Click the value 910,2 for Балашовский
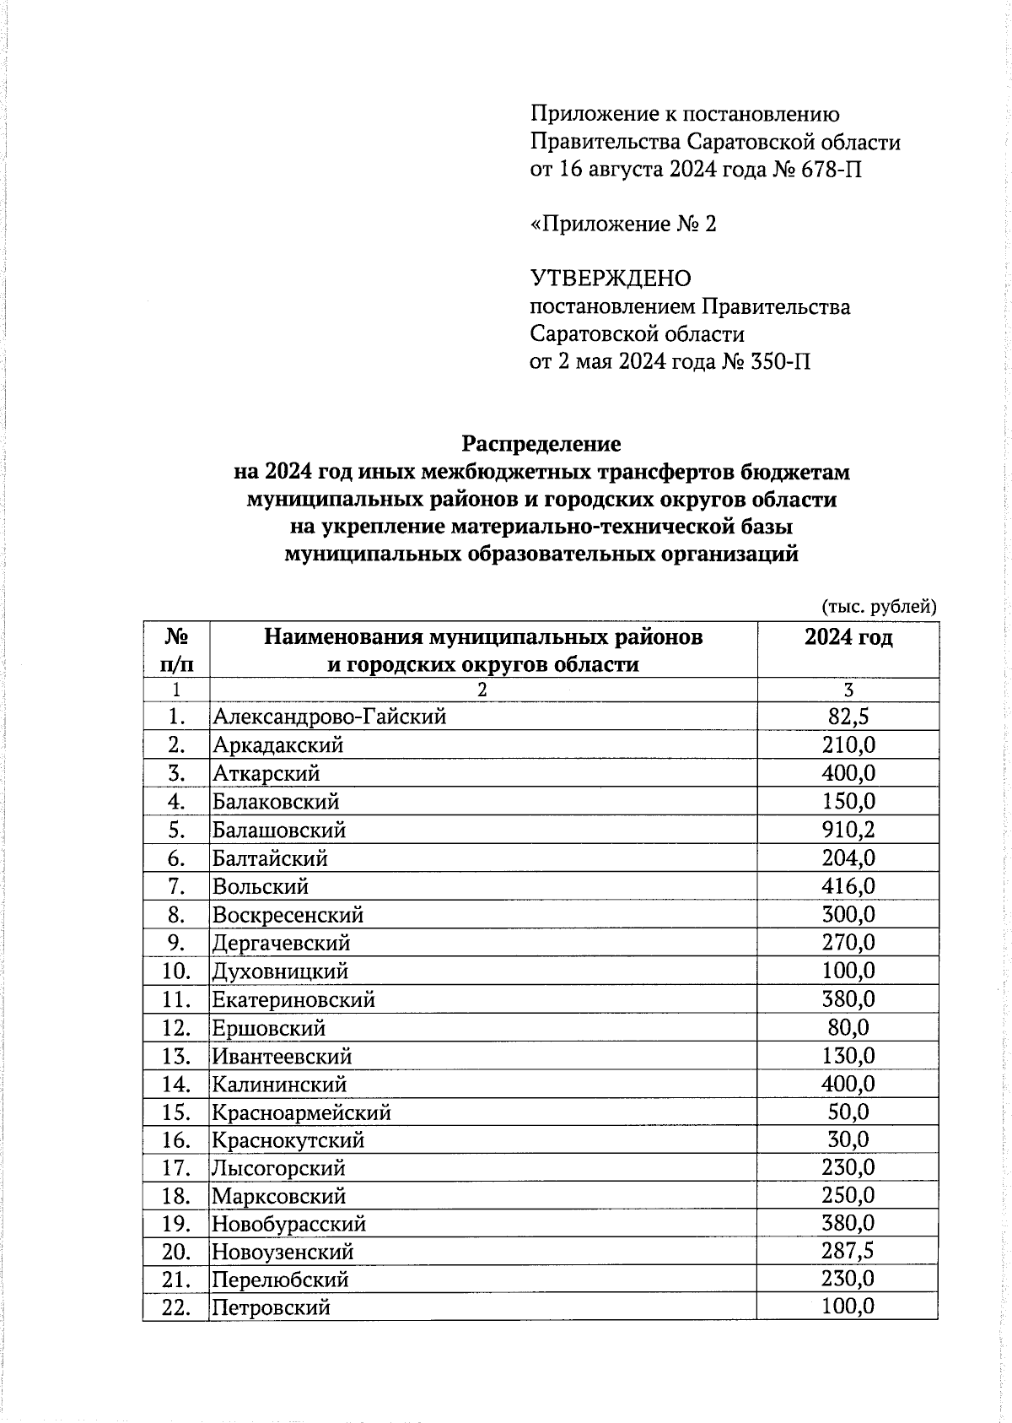pos(848,830)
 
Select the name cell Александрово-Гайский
pos(329,717)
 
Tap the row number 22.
pos(175,1307)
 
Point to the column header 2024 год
pos(848,637)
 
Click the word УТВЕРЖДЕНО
pos(610,279)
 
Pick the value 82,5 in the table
pos(848,717)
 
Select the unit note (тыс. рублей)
pos(879,606)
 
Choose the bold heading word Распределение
pos(541,443)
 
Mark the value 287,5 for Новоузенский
pos(848,1251)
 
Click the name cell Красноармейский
pos(301,1112)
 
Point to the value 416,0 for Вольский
pos(848,886)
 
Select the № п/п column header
pos(175,649)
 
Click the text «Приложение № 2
pos(623,224)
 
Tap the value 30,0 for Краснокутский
pos(848,1139)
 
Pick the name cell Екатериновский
pos(293,999)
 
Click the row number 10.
pos(175,971)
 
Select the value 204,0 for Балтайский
pos(848,858)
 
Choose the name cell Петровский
pos(271,1307)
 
